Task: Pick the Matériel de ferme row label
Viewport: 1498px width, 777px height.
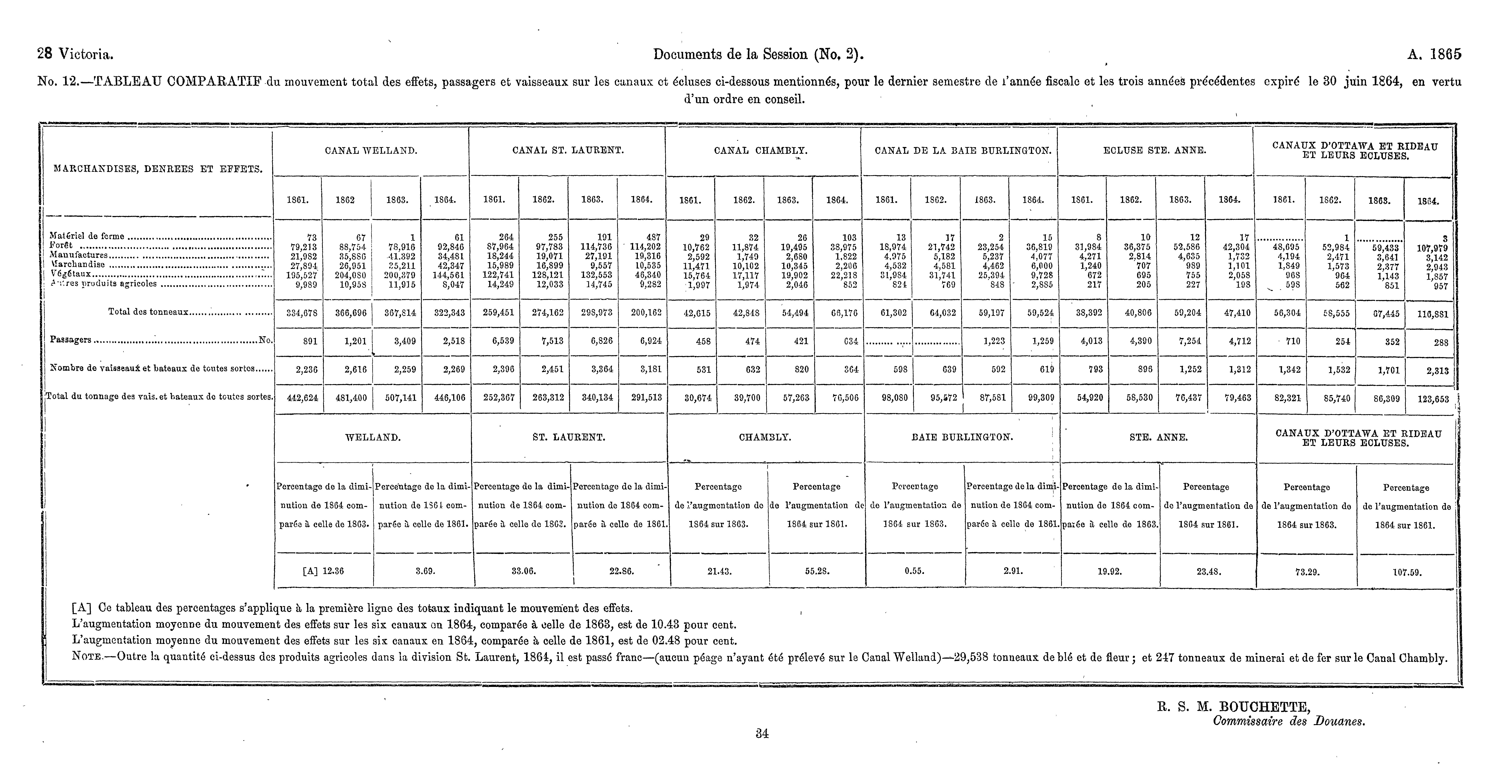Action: click(87, 236)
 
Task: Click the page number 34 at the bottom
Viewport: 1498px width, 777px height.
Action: click(762, 734)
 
